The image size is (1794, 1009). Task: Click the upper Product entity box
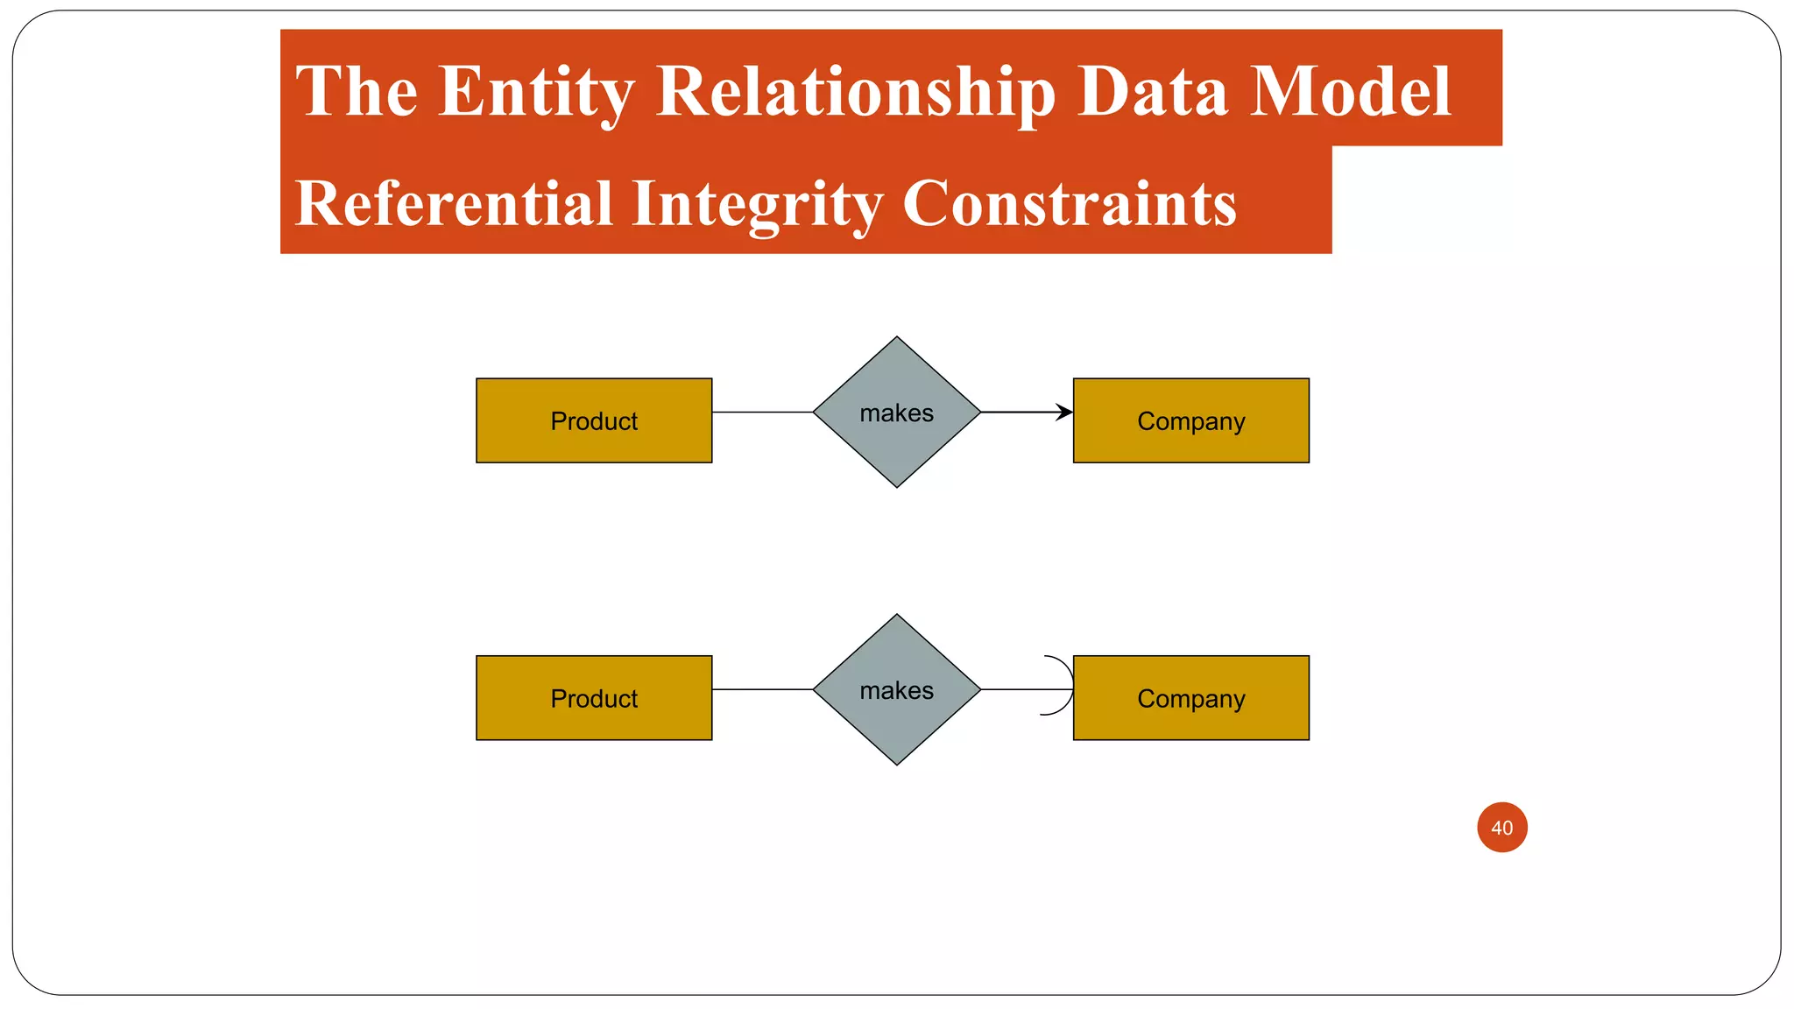tap(594, 420)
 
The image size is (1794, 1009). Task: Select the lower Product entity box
tap(594, 698)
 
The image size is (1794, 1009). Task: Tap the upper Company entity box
tap(1190, 420)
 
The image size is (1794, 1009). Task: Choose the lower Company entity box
tap(1190, 698)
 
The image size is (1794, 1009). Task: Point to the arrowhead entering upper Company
tap(1064, 412)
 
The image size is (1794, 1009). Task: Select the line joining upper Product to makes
tap(762, 412)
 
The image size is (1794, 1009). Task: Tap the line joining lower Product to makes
tap(762, 689)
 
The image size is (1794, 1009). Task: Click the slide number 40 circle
tap(1501, 827)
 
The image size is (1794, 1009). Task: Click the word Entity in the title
tap(536, 91)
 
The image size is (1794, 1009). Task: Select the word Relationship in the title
tap(855, 91)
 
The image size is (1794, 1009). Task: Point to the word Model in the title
tap(1350, 91)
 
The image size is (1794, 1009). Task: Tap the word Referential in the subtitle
tap(453, 203)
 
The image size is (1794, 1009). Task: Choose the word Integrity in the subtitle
tap(756, 203)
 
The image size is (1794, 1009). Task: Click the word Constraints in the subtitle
tap(1069, 203)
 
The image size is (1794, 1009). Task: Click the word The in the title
tap(357, 91)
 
